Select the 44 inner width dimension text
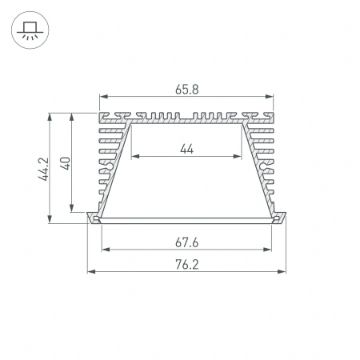click(186, 148)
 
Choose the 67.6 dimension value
click(186, 241)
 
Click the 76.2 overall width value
click(186, 263)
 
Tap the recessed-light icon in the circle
click(30, 30)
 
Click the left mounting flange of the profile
click(93, 218)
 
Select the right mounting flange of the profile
click(281, 218)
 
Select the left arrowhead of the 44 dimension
click(134, 157)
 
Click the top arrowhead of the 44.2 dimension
click(53, 114)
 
